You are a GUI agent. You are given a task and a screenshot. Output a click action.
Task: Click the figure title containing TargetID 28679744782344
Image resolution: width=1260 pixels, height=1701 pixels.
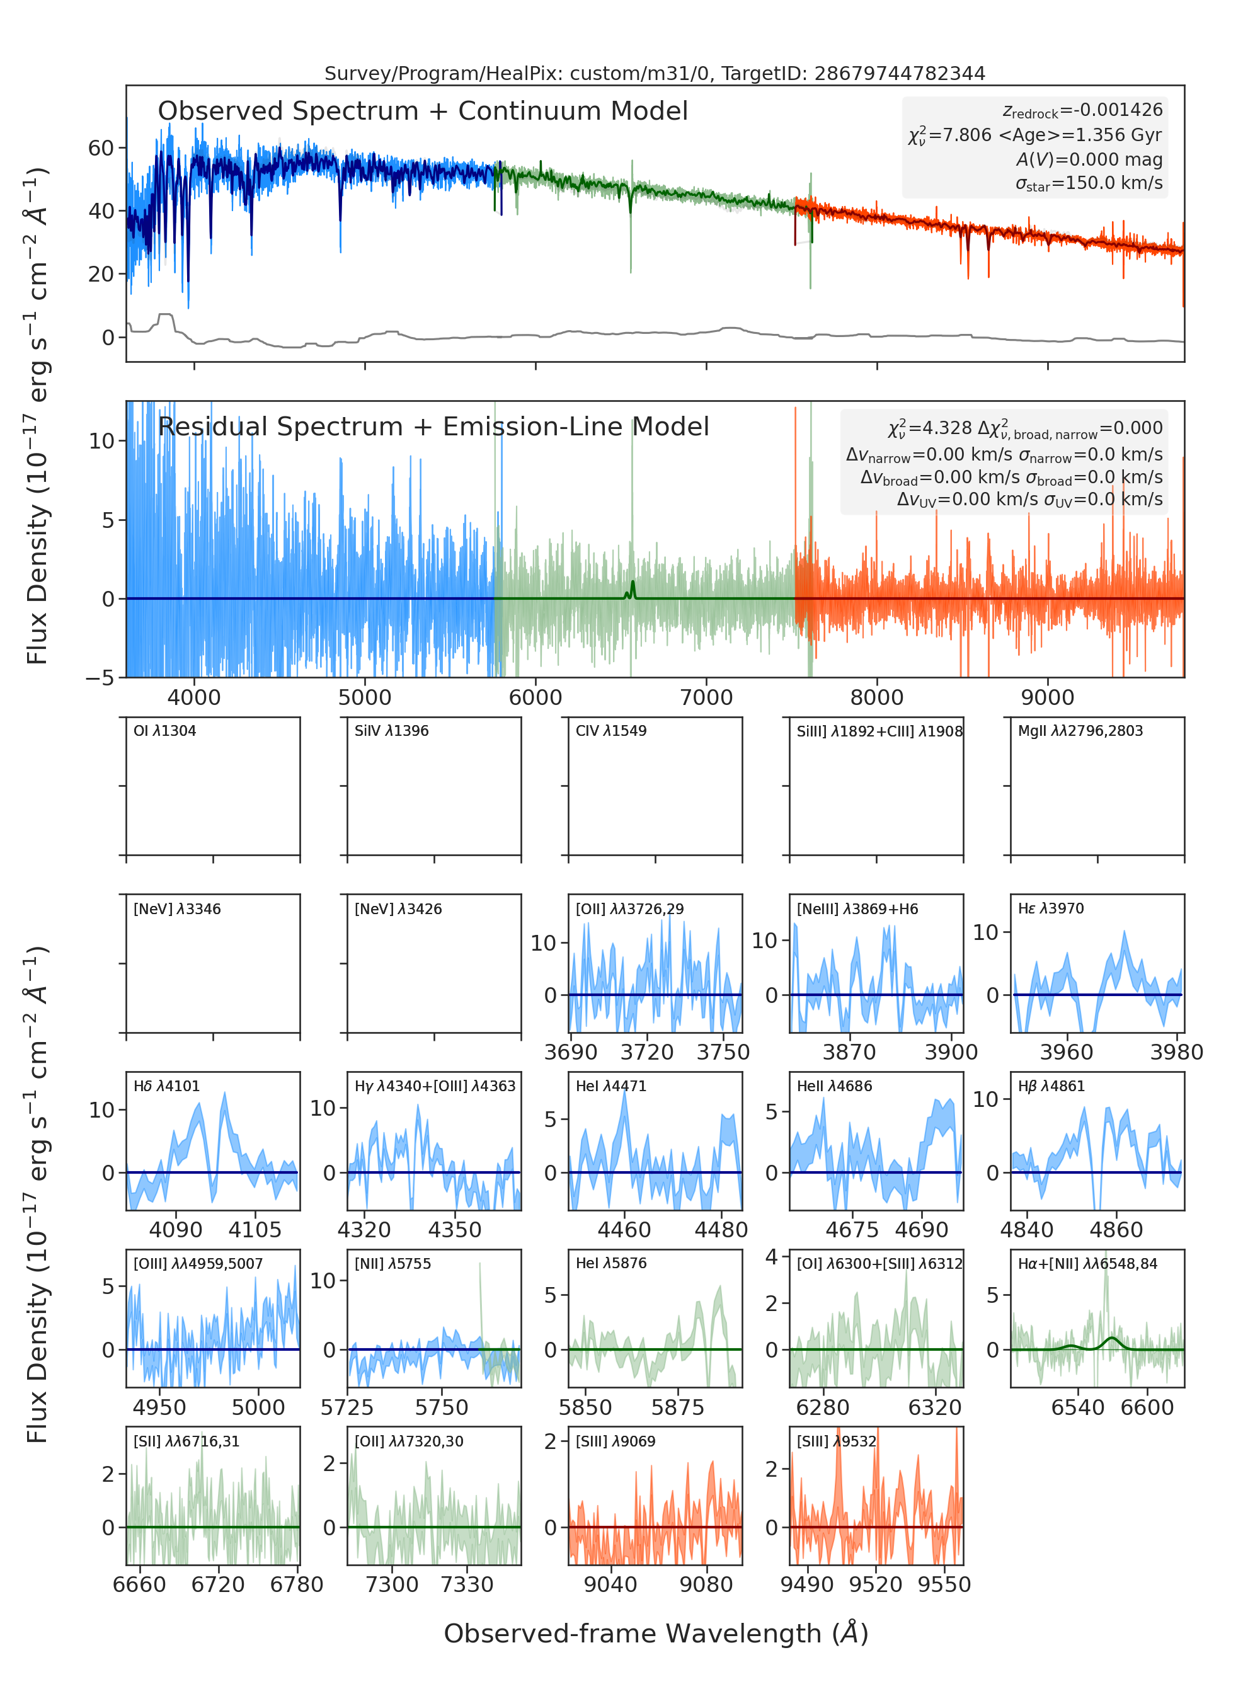[655, 73]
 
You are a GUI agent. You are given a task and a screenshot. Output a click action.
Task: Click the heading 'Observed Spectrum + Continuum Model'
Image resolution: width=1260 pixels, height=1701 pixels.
[423, 112]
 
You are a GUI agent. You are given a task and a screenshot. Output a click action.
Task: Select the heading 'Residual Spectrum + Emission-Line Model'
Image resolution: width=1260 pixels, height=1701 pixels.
[433, 427]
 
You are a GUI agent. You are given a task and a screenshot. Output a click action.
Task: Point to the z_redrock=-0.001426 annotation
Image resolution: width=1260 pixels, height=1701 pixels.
[1082, 111]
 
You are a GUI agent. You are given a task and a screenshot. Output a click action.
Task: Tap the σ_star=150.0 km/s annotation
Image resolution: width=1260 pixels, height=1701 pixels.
[1089, 183]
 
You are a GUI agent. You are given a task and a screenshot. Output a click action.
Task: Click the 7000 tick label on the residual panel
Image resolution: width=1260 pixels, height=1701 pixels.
[706, 697]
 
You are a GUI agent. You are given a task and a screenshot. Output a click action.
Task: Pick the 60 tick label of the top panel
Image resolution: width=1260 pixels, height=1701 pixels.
[101, 148]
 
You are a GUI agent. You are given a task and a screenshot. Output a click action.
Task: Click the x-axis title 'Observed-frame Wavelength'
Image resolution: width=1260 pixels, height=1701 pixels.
[656, 1633]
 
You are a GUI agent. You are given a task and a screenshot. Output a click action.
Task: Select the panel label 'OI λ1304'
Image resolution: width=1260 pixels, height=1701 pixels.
[165, 731]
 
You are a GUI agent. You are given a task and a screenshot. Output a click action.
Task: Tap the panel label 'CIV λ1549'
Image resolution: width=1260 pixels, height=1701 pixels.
[611, 731]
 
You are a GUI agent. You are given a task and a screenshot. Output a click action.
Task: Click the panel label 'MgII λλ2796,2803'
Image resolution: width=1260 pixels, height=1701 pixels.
[1080, 731]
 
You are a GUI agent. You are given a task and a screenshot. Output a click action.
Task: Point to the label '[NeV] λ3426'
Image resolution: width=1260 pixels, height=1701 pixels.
[398, 909]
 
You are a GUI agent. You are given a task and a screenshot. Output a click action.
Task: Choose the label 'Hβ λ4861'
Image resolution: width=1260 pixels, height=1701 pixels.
[1051, 1086]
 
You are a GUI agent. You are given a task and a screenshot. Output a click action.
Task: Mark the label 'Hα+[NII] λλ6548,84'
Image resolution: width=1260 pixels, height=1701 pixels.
[1087, 1264]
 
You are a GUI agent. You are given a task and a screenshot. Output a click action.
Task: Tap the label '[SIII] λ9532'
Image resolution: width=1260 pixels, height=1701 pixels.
[837, 1441]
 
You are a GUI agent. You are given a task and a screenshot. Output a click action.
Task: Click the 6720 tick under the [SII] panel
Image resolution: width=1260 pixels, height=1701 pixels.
[218, 1584]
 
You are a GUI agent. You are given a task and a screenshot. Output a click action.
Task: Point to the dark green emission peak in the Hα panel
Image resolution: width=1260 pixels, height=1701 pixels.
[1112, 1339]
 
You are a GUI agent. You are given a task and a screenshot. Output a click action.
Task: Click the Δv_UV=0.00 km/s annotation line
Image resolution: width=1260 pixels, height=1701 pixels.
[1029, 500]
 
